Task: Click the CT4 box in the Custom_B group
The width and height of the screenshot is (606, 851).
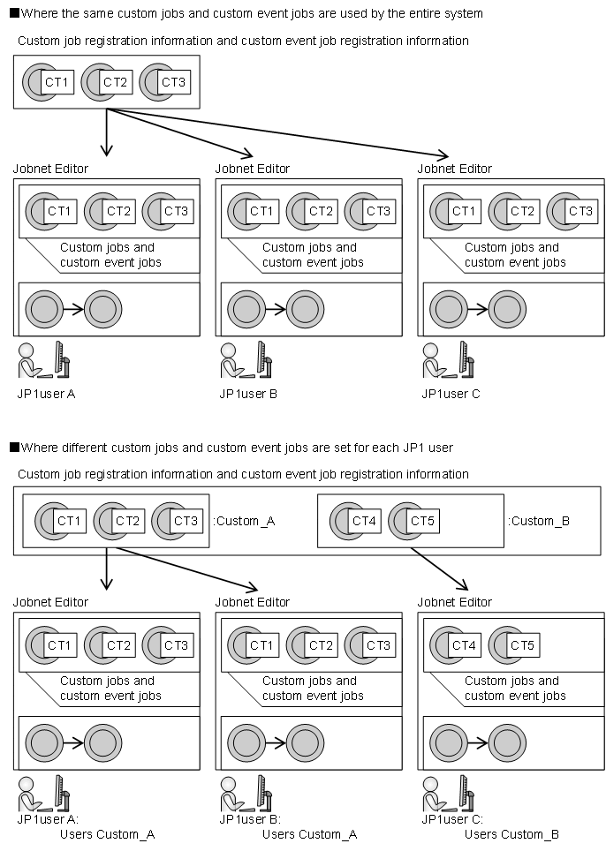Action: coord(364,521)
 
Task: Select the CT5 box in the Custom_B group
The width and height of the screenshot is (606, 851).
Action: coord(422,521)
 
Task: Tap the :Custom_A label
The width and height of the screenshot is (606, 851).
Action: coord(244,522)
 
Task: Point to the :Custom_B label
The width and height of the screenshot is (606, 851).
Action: coord(539,522)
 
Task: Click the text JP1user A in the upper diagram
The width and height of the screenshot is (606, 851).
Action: coord(46,394)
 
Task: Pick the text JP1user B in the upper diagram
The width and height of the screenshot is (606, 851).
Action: coord(248,394)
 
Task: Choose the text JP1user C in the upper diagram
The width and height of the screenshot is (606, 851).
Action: coord(451,394)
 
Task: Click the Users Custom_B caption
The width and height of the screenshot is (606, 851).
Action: coord(511,835)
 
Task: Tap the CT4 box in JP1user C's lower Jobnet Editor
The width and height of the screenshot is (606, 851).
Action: coord(465,645)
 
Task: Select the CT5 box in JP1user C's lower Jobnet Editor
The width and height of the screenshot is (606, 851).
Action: coord(522,645)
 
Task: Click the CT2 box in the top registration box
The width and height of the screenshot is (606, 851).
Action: coord(115,82)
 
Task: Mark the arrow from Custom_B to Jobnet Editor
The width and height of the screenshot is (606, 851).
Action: coord(439,569)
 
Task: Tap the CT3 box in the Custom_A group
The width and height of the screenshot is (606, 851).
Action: coord(186,521)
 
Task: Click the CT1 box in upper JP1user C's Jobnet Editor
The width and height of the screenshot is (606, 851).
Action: coord(465,211)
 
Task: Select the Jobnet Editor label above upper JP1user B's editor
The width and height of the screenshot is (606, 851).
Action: coord(253,169)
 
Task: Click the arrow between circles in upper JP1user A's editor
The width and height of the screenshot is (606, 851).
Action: coord(73,309)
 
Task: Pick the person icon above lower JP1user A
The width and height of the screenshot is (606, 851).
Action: coord(28,795)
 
